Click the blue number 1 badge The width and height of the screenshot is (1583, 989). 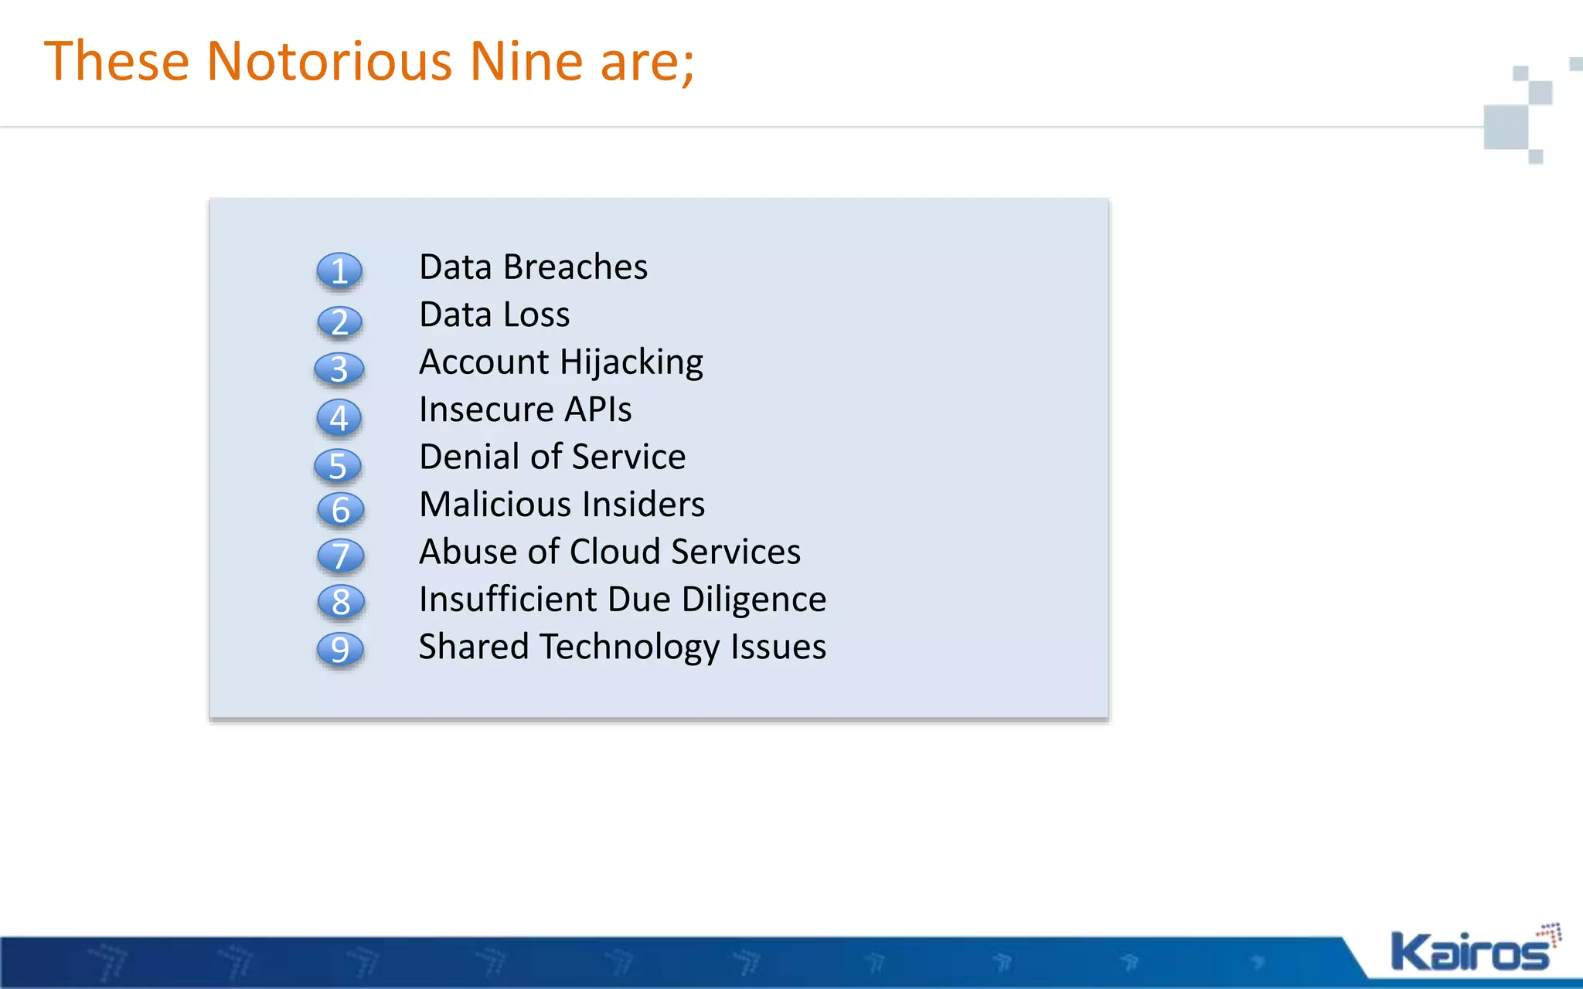(339, 271)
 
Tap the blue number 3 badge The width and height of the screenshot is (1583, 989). (339, 369)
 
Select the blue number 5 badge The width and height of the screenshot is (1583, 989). (339, 466)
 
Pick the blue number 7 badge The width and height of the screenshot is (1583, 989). (340, 556)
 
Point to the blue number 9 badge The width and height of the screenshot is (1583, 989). (340, 649)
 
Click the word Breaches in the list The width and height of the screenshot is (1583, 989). (575, 267)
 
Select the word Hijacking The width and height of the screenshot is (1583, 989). (631, 362)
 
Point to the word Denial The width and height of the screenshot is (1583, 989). (469, 457)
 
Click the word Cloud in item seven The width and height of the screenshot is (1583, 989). (614, 552)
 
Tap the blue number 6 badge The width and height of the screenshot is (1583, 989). (341, 509)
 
